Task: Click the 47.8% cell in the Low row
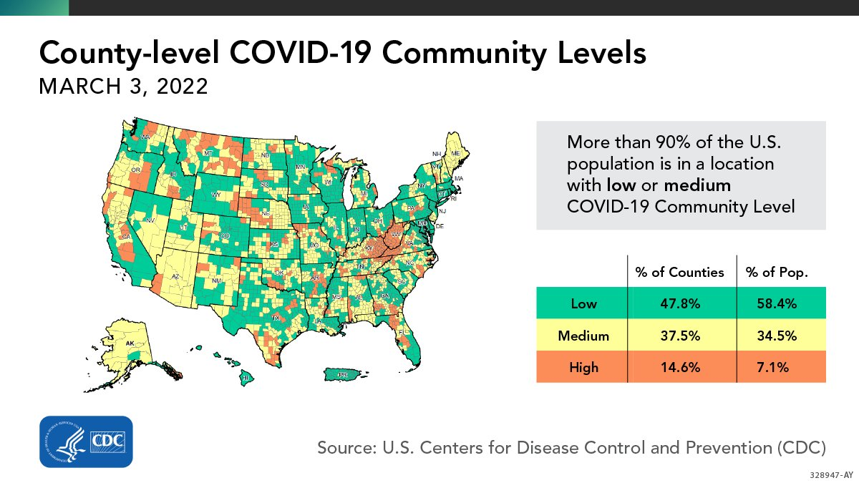pos(680,303)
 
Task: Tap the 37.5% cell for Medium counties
pos(680,336)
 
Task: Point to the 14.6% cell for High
pos(680,368)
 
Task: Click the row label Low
pos(583,303)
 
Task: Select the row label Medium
pos(583,336)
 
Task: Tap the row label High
pos(583,368)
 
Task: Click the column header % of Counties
pos(680,272)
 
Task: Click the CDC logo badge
pos(85,441)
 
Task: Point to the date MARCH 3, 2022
pos(123,87)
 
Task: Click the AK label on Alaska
pos(130,343)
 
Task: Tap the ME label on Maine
pos(456,152)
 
